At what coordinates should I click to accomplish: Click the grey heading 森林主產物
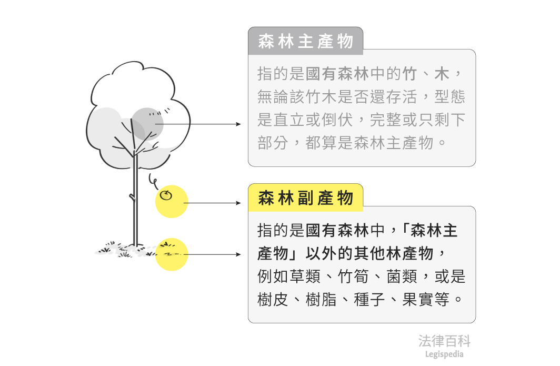pyautogui.click(x=305, y=42)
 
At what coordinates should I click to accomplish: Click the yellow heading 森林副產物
pyautogui.click(x=305, y=198)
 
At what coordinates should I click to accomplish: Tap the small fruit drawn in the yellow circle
pyautogui.click(x=166, y=196)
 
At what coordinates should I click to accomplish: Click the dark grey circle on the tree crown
pyautogui.click(x=149, y=123)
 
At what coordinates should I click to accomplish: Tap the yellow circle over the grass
pyautogui.click(x=172, y=254)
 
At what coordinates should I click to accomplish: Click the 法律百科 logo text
pyautogui.click(x=444, y=341)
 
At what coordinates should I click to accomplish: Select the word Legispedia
pyautogui.click(x=444, y=354)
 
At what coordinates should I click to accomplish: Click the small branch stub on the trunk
pyautogui.click(x=132, y=198)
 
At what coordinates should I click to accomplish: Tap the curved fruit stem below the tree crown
pyautogui.click(x=152, y=180)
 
